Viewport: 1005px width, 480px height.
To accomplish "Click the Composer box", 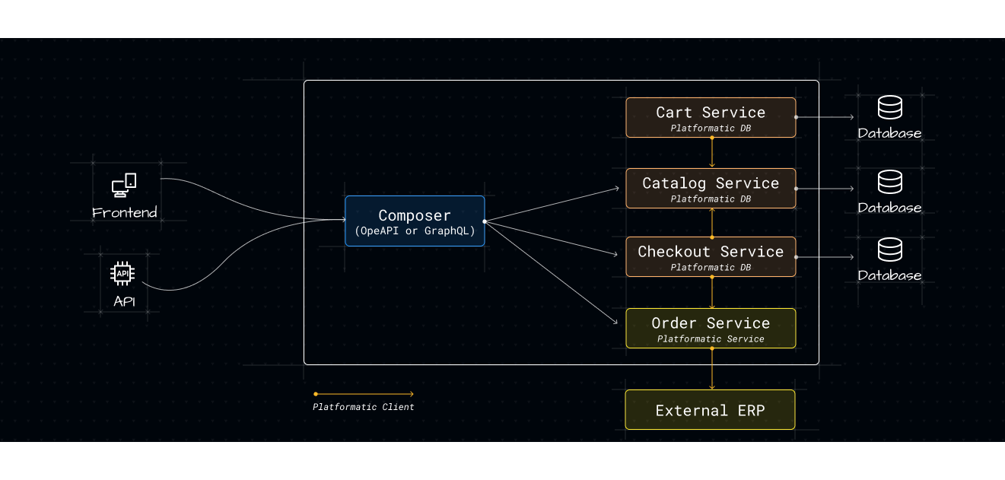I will (x=415, y=221).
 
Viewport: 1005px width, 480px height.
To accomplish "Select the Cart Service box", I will (x=711, y=117).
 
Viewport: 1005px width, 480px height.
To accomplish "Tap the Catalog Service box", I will (x=711, y=188).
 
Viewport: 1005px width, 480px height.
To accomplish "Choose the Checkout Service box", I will (x=711, y=256).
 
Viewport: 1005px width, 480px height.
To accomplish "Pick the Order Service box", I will (x=711, y=328).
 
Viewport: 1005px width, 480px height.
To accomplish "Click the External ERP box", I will (x=710, y=410).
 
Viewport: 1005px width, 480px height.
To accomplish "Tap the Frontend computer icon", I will (x=124, y=185).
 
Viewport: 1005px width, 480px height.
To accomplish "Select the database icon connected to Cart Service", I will (x=889, y=108).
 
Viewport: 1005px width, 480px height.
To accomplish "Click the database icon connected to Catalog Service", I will (x=889, y=182).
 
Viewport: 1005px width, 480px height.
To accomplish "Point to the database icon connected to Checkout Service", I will (x=889, y=250).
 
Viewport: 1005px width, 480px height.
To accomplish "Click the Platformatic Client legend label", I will (x=363, y=407).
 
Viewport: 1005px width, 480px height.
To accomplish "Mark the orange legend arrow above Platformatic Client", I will (x=364, y=394).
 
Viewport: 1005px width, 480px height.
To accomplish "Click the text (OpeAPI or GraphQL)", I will (x=415, y=231).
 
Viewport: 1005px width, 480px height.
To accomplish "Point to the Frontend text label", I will (x=124, y=212).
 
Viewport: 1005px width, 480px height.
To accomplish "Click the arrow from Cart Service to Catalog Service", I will (x=711, y=153).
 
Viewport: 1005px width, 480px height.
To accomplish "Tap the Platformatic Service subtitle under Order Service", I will (x=711, y=339).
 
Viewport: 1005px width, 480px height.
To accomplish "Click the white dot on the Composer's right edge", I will (x=485, y=221).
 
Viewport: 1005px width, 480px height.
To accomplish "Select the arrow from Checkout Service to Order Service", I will (x=711, y=292).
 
